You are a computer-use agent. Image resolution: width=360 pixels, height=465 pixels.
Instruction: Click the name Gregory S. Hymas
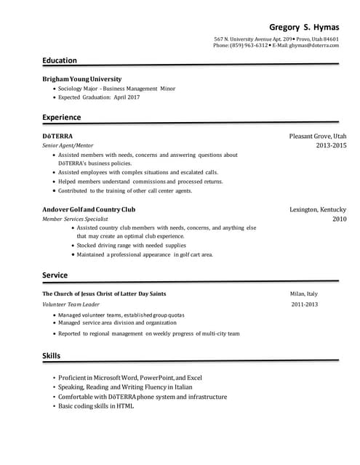(304, 27)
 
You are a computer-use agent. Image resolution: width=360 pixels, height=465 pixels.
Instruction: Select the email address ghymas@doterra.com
(314, 45)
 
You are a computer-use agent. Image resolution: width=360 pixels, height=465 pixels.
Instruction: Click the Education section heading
(60, 60)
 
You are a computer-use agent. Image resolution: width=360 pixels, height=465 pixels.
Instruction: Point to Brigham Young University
(82, 78)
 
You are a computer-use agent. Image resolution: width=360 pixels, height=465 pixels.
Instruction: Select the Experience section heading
(62, 117)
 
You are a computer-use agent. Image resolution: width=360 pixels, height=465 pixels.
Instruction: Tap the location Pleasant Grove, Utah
(318, 136)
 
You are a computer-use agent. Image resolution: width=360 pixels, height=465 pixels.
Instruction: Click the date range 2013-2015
(331, 145)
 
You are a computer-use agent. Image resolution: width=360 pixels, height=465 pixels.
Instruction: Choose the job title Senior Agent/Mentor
(68, 145)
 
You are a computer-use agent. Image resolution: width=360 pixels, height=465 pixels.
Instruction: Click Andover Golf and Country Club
(89, 209)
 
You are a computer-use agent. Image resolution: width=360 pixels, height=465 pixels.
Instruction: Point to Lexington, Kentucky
(318, 209)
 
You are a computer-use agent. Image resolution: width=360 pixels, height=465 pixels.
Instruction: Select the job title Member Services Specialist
(75, 219)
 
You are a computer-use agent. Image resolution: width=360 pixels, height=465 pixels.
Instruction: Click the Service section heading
(55, 275)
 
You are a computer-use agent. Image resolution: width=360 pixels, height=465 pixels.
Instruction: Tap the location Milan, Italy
(304, 294)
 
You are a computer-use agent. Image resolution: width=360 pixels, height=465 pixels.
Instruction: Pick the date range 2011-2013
(305, 304)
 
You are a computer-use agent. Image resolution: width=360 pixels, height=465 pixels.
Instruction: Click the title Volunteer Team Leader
(71, 304)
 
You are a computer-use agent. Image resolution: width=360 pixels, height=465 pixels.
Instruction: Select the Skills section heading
(52, 355)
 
